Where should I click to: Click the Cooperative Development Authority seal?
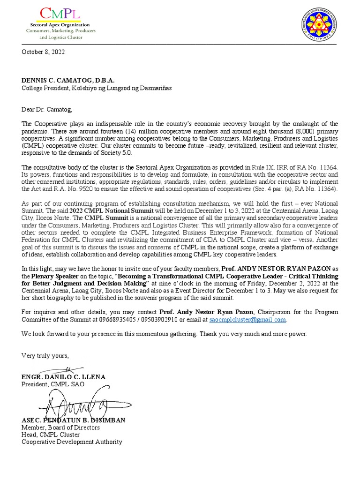[x=319, y=27]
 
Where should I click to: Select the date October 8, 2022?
[x=43, y=52]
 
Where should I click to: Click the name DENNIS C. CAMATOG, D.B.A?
[x=68, y=81]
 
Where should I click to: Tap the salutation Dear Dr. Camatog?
[x=47, y=110]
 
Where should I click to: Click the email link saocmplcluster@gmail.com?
[x=247, y=319]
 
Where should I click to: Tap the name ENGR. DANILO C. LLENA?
[x=64, y=377]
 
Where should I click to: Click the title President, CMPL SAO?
[x=52, y=384]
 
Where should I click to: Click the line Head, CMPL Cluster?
[x=49, y=435]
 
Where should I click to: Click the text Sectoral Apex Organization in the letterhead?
[x=60, y=25]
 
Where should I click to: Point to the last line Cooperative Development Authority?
[x=72, y=442]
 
